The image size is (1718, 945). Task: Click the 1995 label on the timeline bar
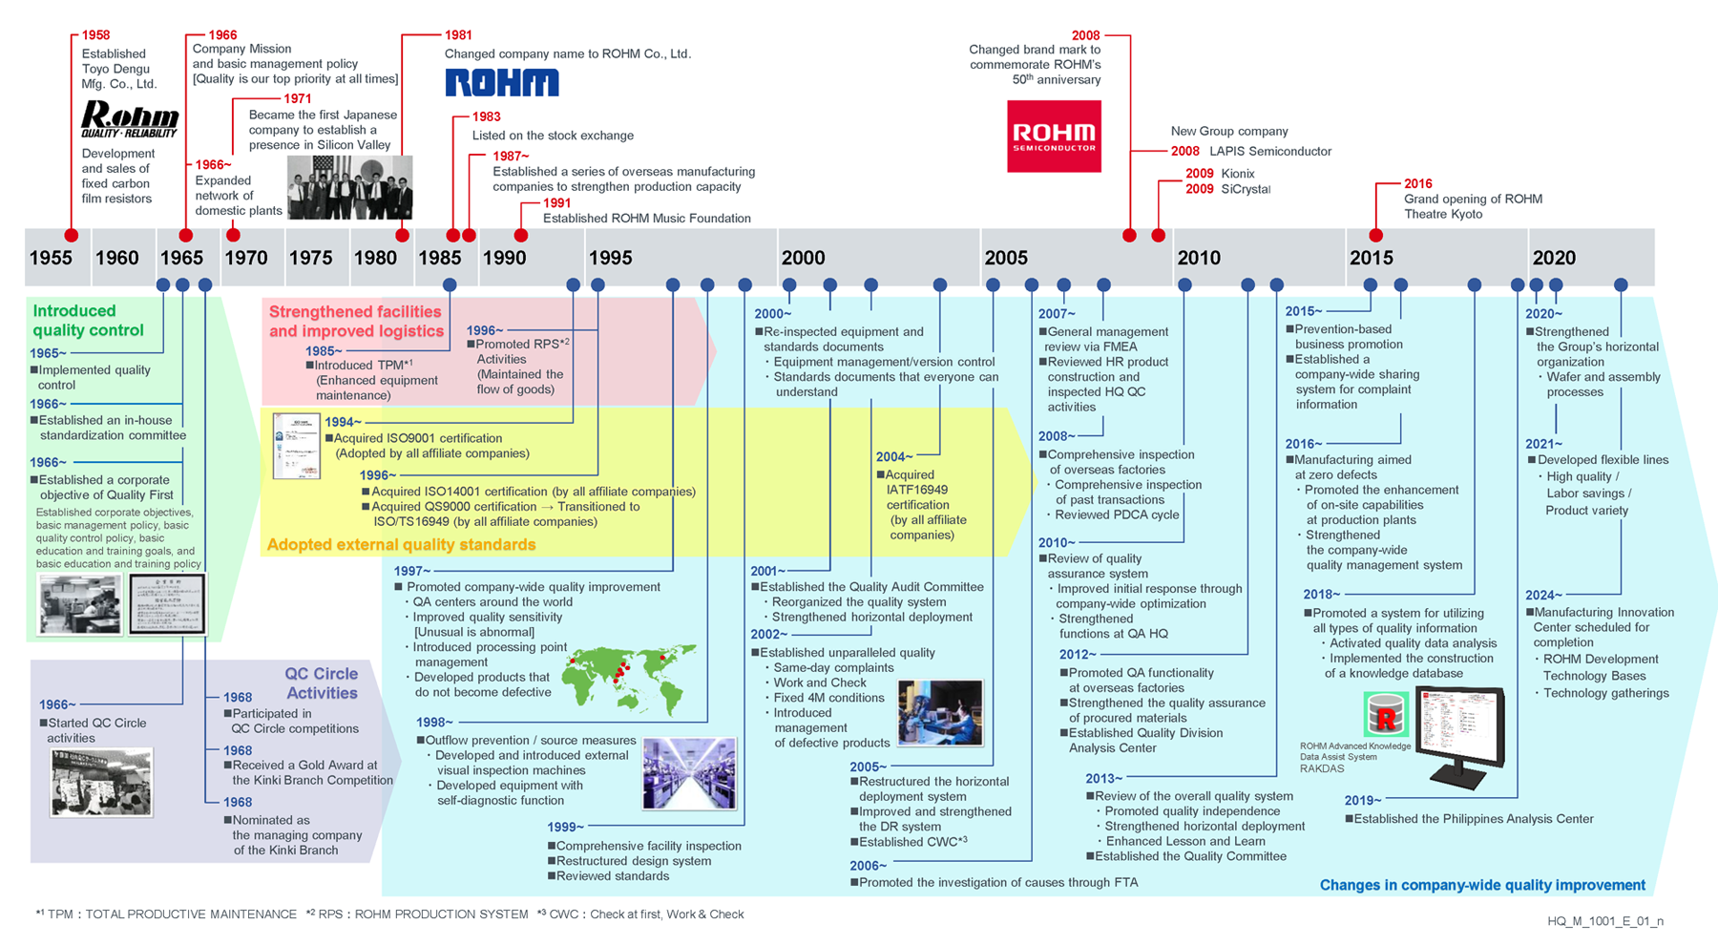click(x=610, y=258)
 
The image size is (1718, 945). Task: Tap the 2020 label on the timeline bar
click(x=1554, y=258)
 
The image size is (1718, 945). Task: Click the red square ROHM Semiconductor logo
click(x=1054, y=136)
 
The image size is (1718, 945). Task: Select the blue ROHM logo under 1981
click(x=502, y=83)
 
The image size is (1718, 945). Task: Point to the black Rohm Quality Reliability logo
click(x=129, y=120)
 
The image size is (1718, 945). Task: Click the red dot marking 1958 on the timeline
click(x=72, y=235)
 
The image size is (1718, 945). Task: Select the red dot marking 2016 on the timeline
click(x=1375, y=235)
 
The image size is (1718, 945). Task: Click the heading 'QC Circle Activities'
click(x=321, y=683)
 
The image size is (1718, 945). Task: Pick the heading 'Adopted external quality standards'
click(x=401, y=544)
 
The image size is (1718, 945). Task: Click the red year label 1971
click(x=298, y=98)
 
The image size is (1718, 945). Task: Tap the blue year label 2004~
click(x=894, y=457)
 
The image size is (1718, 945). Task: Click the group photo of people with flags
click(x=350, y=187)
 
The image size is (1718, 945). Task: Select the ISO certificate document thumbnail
click(x=296, y=446)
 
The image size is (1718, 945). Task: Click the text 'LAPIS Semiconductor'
click(x=1269, y=151)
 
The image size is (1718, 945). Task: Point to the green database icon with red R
click(x=1386, y=714)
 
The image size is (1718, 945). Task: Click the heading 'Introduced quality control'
click(x=88, y=321)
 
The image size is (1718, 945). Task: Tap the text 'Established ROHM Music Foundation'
click(x=646, y=219)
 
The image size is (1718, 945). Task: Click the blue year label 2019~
click(x=1362, y=801)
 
